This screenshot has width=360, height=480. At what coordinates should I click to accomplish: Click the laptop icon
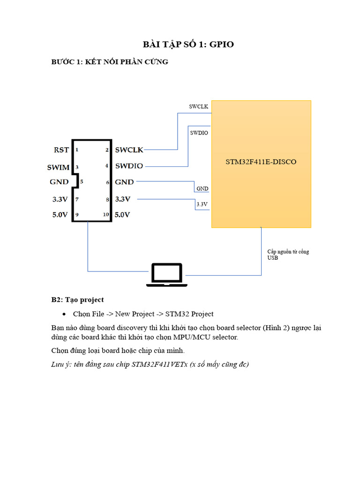click(x=166, y=275)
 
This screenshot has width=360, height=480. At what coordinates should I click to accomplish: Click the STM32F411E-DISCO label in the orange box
click(x=261, y=162)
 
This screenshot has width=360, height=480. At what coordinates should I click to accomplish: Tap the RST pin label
click(x=61, y=150)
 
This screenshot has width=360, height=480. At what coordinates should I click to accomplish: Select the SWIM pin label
click(x=58, y=167)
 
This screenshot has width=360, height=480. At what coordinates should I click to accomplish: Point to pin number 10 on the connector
click(x=106, y=215)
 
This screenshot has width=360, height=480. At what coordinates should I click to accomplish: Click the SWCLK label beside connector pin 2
click(x=129, y=150)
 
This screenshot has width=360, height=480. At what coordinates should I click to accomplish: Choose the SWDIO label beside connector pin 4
click(x=129, y=166)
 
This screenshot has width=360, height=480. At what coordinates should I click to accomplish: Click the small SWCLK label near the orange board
click(x=198, y=107)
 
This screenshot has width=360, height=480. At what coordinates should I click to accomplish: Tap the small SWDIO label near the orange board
click(x=199, y=133)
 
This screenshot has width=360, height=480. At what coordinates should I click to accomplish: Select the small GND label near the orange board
click(x=202, y=188)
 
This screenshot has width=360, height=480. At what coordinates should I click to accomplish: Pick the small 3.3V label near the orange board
click(x=202, y=204)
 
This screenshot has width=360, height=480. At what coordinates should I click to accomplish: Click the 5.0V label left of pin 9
click(x=60, y=215)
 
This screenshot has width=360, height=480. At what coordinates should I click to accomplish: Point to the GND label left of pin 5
click(x=59, y=182)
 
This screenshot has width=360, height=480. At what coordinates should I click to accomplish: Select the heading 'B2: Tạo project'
click(x=77, y=300)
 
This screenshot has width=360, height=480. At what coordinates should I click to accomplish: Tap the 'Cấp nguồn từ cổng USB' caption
click(x=288, y=255)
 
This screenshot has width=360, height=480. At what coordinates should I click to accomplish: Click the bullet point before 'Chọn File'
click(x=64, y=314)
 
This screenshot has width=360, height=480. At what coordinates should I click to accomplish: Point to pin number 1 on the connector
click(x=76, y=150)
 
